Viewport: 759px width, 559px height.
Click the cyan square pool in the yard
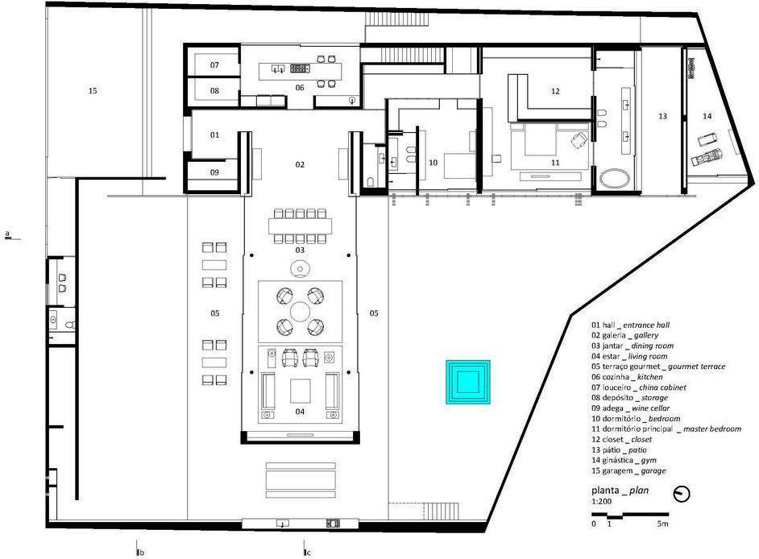point(467,381)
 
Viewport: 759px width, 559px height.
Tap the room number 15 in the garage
point(93,91)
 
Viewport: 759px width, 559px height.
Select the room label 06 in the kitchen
point(299,87)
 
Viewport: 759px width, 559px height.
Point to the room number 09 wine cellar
point(215,172)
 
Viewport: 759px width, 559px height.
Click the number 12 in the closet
point(555,92)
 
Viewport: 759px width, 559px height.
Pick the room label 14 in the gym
point(707,117)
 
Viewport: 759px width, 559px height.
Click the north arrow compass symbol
point(681,494)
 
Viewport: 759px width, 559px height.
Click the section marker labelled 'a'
point(7,234)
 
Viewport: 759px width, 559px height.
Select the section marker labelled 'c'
point(306,553)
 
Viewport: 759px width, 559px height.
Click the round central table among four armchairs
point(300,311)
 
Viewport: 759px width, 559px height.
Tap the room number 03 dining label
point(299,251)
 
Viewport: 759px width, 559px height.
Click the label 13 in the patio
point(662,117)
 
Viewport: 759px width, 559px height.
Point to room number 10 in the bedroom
point(433,163)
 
